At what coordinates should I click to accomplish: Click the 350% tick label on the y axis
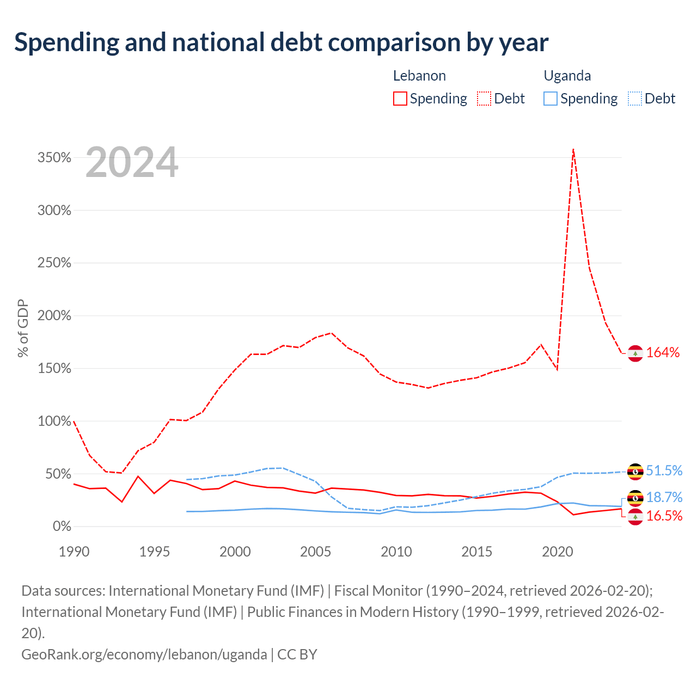pos(54,158)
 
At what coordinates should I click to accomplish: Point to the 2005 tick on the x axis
pos(315,552)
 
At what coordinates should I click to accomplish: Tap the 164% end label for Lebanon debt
pos(663,352)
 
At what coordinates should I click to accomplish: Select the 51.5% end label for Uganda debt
pos(664,470)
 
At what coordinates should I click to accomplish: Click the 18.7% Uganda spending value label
pos(664,497)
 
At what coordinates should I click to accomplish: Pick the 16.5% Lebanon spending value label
pos(664,516)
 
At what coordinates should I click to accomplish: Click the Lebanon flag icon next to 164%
pos(635,353)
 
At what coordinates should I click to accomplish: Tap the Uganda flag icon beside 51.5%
pos(635,472)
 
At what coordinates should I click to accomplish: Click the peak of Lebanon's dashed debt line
pos(573,149)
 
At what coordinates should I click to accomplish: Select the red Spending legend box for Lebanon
pos(400,99)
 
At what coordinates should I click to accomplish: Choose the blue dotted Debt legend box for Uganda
pos(635,99)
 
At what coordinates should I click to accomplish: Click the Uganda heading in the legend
pos(567,76)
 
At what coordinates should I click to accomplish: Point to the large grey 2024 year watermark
pos(132,162)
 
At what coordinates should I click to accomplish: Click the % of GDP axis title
pos(23,328)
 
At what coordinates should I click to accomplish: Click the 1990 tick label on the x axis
pos(74,552)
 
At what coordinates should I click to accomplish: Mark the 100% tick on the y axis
pos(54,421)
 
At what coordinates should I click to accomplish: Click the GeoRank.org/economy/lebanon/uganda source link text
pos(144,655)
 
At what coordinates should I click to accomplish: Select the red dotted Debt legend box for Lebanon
pos(484,99)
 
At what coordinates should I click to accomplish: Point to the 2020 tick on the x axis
pos(558,552)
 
